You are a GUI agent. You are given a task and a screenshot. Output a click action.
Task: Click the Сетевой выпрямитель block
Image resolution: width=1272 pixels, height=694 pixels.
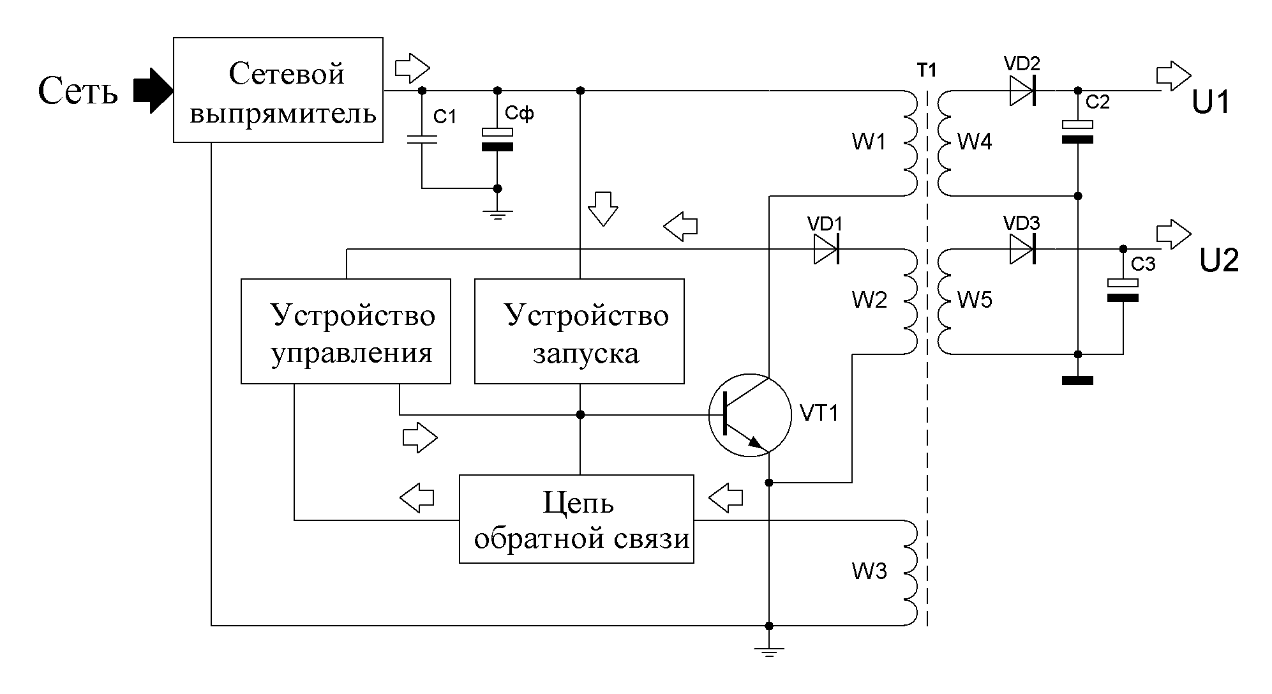[x=278, y=90]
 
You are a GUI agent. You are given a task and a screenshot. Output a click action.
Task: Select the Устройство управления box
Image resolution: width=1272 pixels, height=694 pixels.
[x=345, y=331]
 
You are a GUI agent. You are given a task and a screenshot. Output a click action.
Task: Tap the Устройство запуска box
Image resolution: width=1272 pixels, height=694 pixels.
[x=579, y=331]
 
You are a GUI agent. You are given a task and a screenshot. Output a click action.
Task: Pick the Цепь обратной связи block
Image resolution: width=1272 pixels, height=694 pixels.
[x=576, y=518]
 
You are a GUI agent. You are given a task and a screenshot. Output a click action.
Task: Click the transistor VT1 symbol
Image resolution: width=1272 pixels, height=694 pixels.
[x=749, y=415]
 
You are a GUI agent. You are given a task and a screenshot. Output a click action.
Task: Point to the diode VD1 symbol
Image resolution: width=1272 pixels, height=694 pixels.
[x=826, y=249]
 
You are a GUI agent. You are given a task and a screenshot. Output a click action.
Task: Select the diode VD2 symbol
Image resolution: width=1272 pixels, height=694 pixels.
[x=1022, y=91]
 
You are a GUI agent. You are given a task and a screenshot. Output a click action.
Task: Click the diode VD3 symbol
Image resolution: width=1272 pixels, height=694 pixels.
[x=1022, y=249]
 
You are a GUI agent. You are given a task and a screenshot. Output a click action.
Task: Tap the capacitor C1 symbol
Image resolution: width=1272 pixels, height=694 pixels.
[x=422, y=139]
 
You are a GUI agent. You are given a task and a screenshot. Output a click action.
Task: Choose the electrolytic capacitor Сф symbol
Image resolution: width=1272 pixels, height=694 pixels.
[x=498, y=139]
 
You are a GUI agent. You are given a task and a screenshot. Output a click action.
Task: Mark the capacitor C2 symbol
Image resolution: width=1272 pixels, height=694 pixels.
[x=1077, y=132]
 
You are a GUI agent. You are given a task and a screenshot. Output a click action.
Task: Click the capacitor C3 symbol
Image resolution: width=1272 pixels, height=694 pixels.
[x=1123, y=290]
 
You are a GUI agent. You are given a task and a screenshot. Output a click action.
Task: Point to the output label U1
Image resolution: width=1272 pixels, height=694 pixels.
[x=1211, y=102]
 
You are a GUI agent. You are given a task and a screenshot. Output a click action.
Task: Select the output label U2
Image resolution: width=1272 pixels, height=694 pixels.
[x=1219, y=260]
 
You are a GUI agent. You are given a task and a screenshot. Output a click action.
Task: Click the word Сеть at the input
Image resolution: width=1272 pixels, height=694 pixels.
[x=78, y=91]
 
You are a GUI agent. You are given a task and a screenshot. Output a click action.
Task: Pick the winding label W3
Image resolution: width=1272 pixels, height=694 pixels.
[x=869, y=571]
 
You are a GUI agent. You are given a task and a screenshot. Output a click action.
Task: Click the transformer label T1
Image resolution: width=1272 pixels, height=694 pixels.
[x=927, y=70]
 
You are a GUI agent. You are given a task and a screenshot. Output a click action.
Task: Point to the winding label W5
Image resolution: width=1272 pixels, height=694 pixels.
[x=975, y=300]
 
